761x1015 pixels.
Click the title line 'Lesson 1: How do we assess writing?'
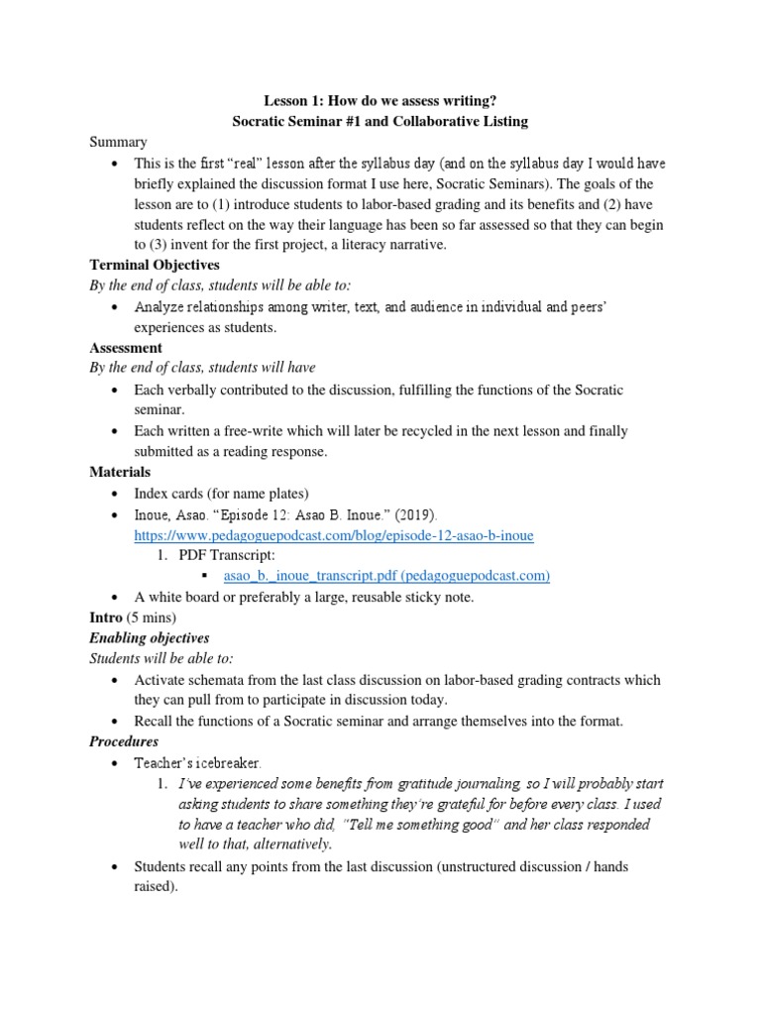[x=380, y=100]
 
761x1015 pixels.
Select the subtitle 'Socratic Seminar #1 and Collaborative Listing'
[x=380, y=121]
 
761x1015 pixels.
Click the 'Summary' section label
[x=118, y=143]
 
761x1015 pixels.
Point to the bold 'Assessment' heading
[x=126, y=348]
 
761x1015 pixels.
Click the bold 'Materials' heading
[x=120, y=472]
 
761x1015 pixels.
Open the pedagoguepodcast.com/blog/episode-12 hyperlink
[x=334, y=535]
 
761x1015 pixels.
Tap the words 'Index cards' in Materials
[x=168, y=493]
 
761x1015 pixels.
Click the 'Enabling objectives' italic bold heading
[x=150, y=638]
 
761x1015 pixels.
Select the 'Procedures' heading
[x=124, y=741]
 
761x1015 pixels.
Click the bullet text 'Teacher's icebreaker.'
[x=198, y=763]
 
